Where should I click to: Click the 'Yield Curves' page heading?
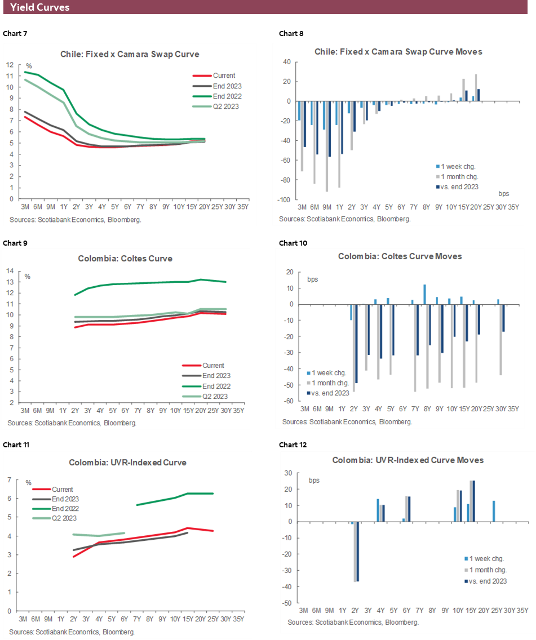40,7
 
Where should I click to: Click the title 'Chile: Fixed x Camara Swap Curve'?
130,54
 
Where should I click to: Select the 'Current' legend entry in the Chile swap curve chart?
224,75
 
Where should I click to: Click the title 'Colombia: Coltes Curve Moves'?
400,256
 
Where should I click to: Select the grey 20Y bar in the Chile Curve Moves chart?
476,88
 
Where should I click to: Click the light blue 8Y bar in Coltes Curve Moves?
424,295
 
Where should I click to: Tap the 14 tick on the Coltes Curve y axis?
10,271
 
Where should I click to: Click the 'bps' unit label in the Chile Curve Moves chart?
504,193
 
